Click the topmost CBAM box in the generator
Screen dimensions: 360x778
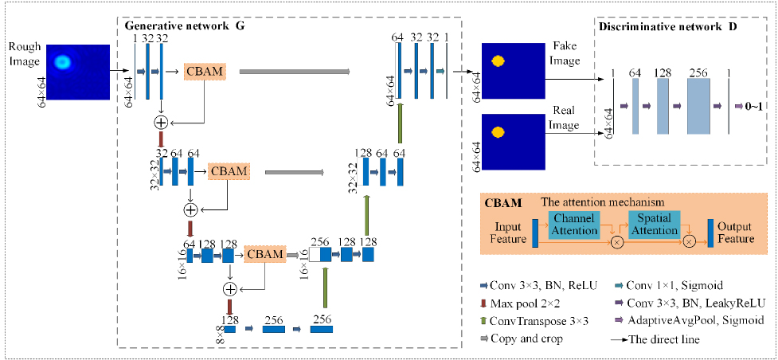[205, 72]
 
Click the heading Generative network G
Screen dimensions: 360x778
[186, 26]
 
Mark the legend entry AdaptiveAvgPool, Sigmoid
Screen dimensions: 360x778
[690, 320]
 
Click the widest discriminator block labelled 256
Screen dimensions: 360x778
[699, 106]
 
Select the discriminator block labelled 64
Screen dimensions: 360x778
[635, 106]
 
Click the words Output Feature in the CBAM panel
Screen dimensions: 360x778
[736, 233]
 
